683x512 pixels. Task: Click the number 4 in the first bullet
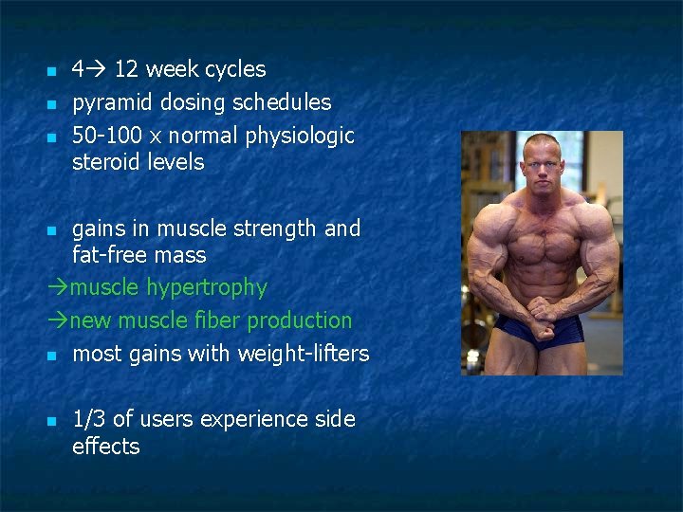point(79,69)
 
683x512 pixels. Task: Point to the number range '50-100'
point(105,136)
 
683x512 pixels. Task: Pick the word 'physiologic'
point(300,136)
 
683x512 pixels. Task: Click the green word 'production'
point(300,320)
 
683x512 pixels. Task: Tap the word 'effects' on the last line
point(106,447)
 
